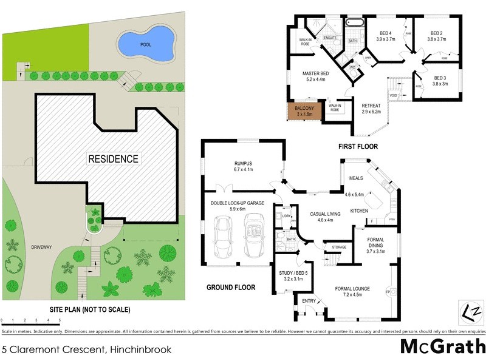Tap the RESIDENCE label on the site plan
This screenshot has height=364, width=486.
[114, 159]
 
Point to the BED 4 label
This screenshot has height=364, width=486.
[385, 34]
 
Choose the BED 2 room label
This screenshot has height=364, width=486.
[436, 34]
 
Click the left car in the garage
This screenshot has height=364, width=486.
[222, 237]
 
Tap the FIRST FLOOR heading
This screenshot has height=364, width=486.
[358, 146]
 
